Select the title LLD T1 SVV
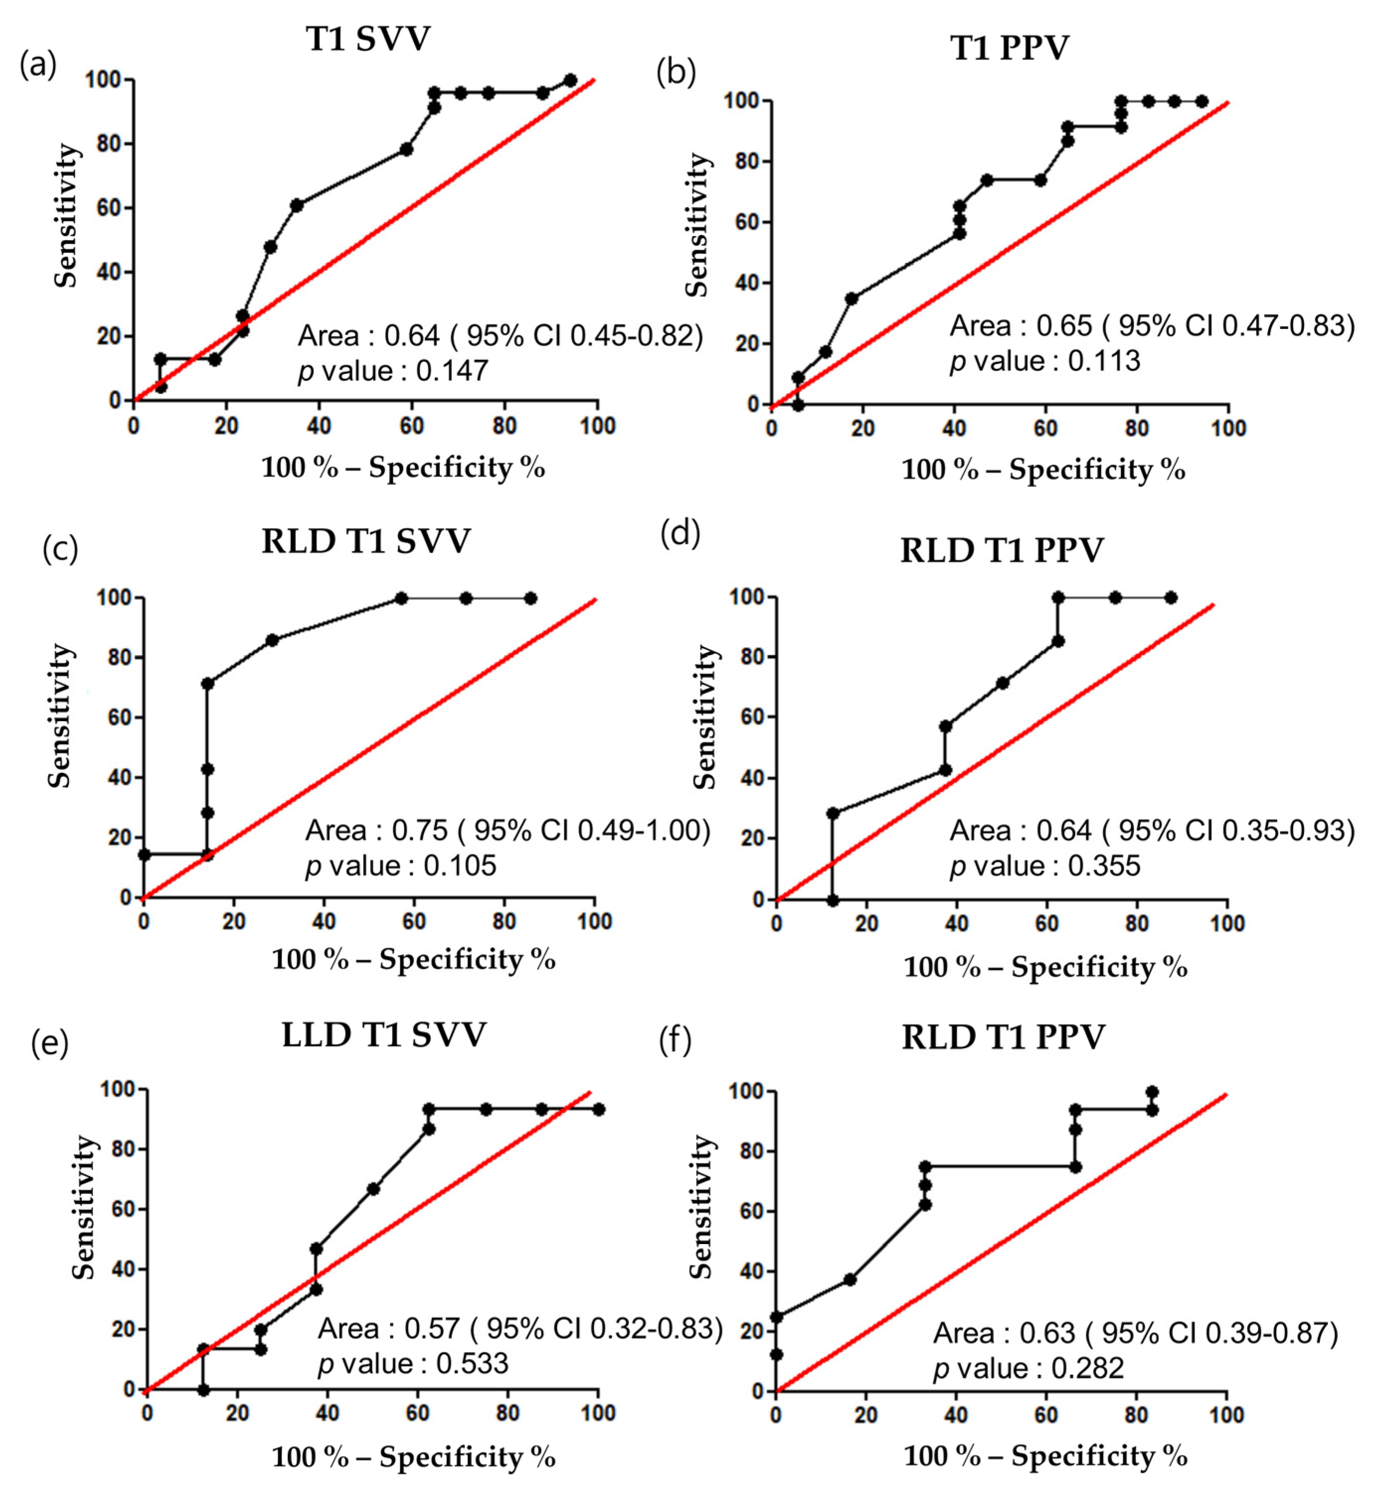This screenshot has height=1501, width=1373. click(x=384, y=1036)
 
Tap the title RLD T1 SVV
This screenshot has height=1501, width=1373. click(x=366, y=541)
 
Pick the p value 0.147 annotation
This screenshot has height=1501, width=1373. click(x=393, y=371)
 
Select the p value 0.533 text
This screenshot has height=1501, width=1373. click(x=413, y=1364)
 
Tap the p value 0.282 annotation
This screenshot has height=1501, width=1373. click(x=1028, y=1368)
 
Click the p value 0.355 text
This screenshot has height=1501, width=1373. click(x=1045, y=866)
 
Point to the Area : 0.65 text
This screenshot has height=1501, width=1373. click(x=1021, y=326)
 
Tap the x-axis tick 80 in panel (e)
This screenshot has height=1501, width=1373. click(x=508, y=1413)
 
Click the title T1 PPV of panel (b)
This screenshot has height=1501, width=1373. click(x=1010, y=48)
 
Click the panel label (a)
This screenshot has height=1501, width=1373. click(x=38, y=66)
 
